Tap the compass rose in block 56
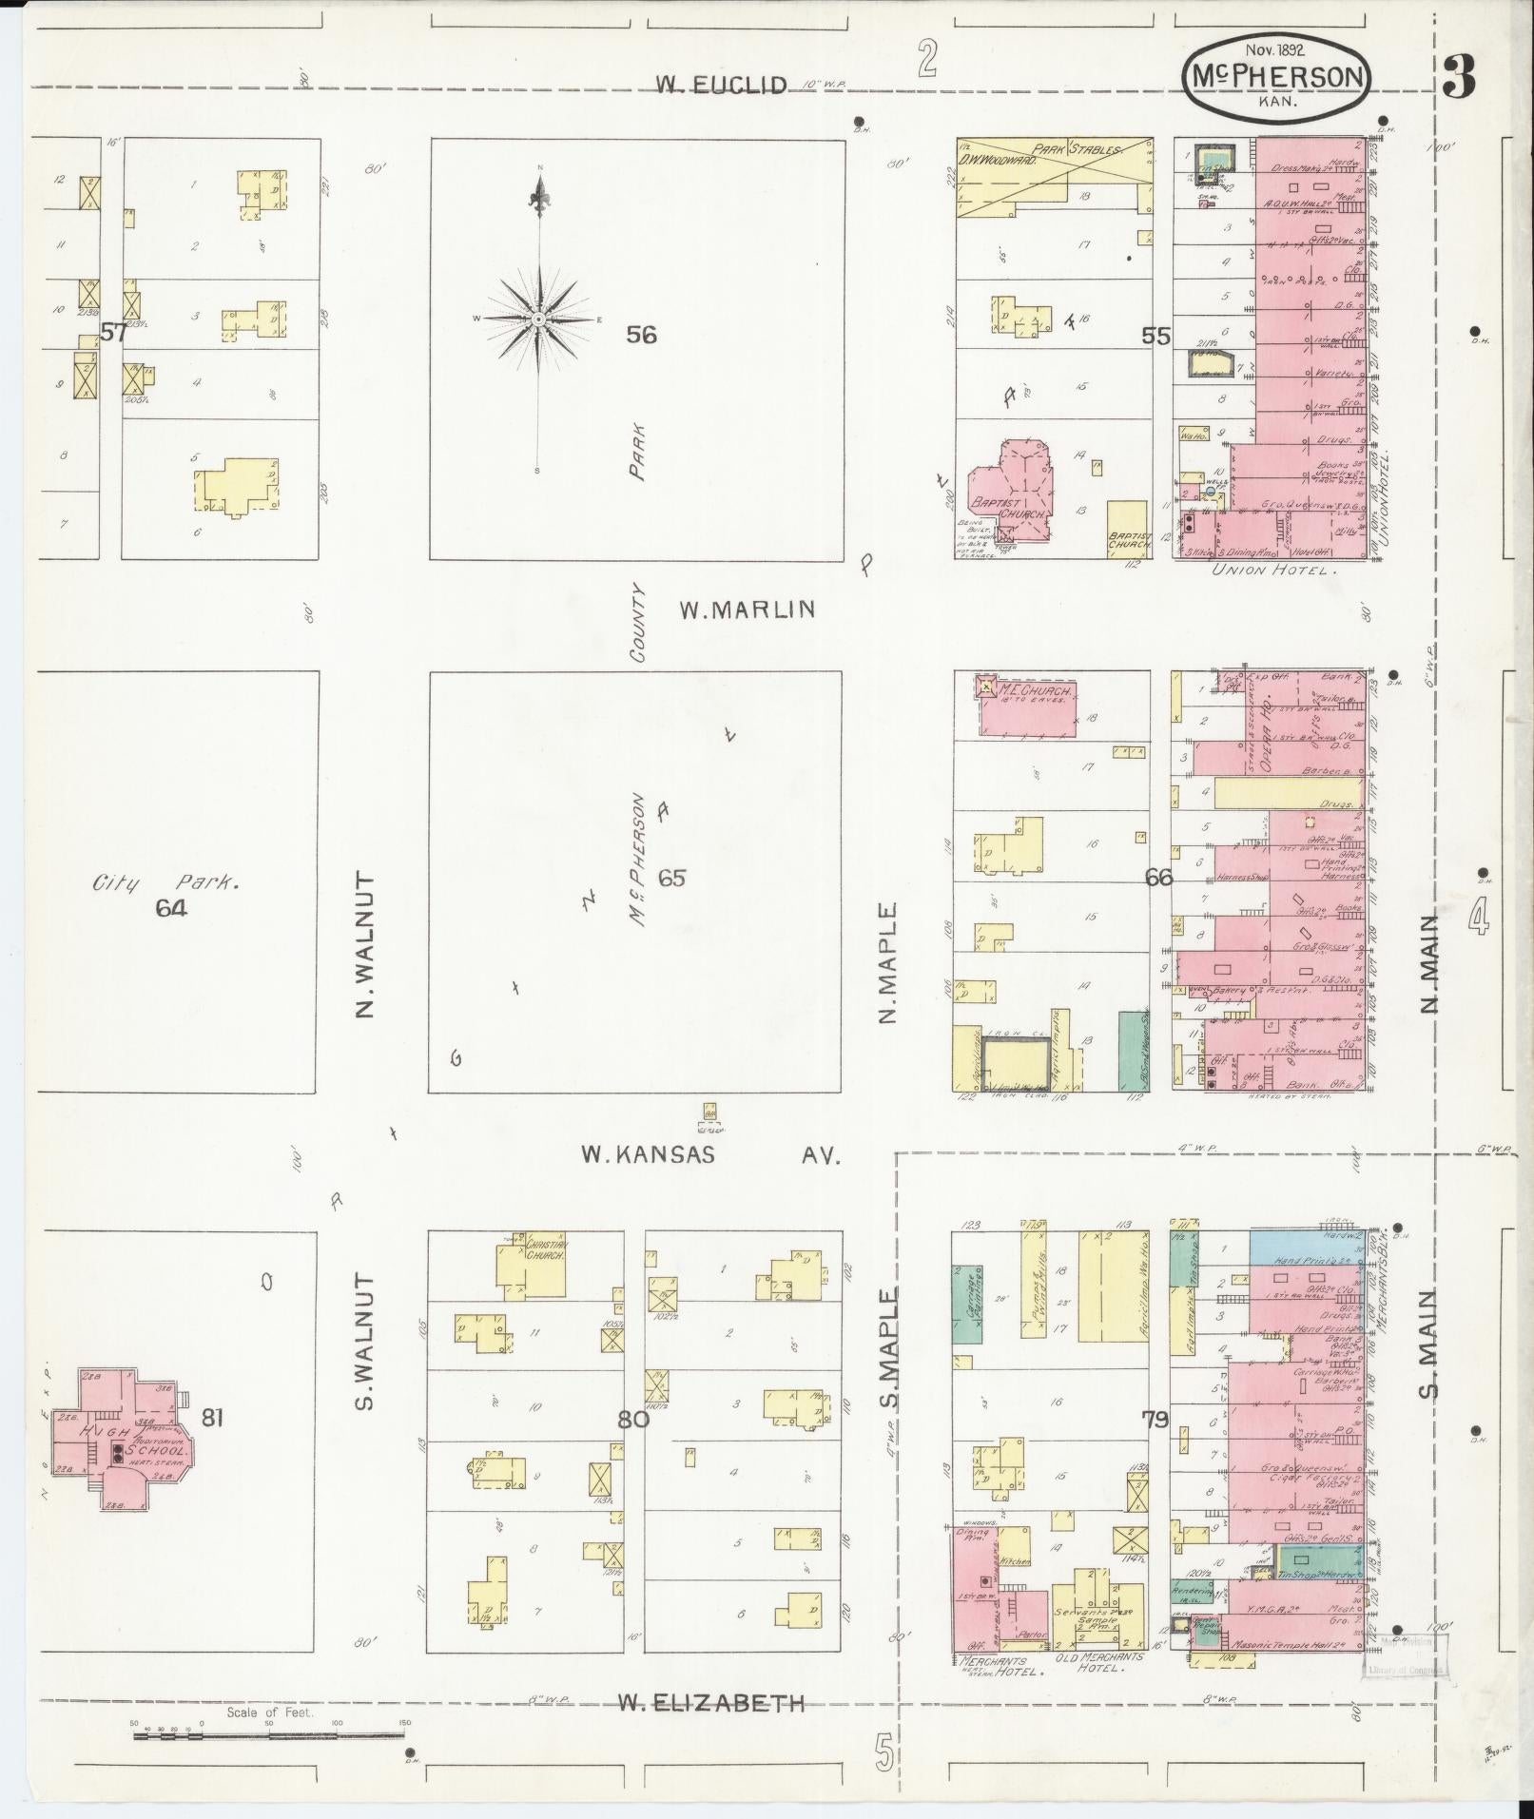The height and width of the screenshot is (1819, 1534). click(538, 319)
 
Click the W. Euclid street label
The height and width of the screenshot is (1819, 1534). click(721, 86)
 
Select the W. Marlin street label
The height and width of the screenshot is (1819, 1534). click(747, 610)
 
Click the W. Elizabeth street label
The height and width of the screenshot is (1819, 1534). click(710, 1703)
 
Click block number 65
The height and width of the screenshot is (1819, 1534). click(671, 877)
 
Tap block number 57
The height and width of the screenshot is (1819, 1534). click(113, 333)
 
